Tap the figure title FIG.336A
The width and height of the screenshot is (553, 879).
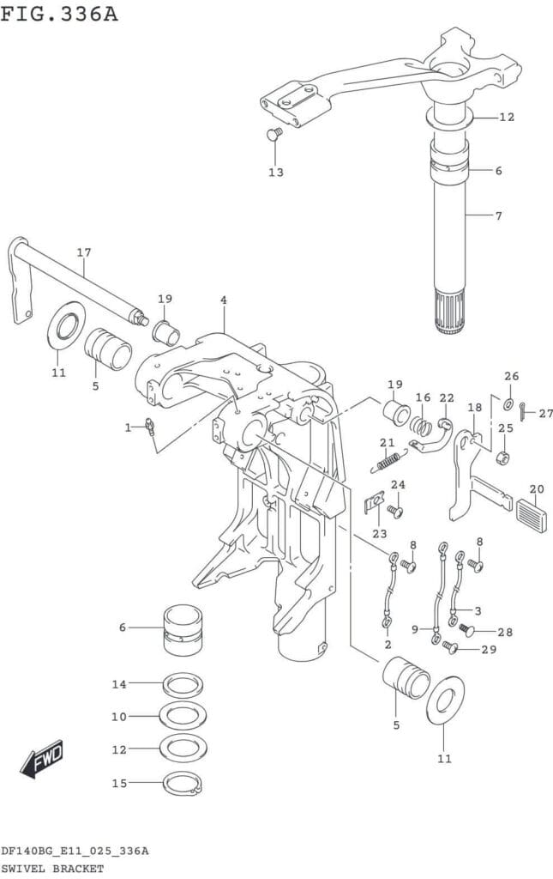59,15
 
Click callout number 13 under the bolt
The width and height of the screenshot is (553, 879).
275,173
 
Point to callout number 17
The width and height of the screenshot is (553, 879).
83,252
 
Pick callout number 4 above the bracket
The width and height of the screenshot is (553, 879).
223,300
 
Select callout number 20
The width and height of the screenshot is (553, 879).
536,490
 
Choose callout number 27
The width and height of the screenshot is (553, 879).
546,413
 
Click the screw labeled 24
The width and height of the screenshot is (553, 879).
395,512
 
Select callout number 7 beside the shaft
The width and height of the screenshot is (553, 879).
498,215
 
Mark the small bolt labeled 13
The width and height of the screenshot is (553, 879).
273,134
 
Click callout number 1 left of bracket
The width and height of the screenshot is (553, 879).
128,427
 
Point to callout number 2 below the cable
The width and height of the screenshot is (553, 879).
388,644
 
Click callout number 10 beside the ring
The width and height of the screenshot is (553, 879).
118,717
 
